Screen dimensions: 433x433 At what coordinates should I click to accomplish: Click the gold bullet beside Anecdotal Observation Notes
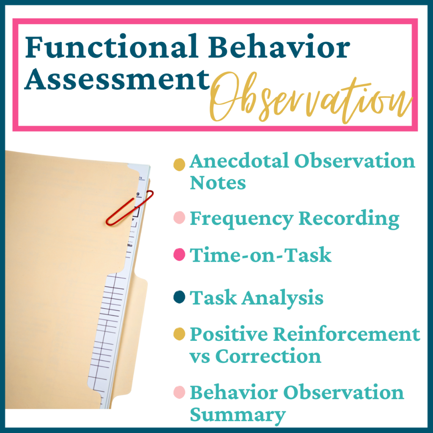point(179,164)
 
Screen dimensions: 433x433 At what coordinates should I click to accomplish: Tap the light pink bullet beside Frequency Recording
point(179,219)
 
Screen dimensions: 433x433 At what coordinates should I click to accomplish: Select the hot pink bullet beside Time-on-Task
point(179,255)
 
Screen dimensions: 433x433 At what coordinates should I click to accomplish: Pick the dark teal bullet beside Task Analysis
point(179,298)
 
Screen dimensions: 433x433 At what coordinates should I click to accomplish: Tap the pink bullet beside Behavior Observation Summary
point(179,393)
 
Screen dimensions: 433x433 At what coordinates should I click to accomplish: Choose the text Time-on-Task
point(260,255)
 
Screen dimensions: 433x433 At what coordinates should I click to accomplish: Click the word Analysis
point(283,298)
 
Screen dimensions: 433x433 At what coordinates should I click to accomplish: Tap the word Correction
point(268,356)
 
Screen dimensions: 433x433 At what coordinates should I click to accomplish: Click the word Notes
point(217,183)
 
